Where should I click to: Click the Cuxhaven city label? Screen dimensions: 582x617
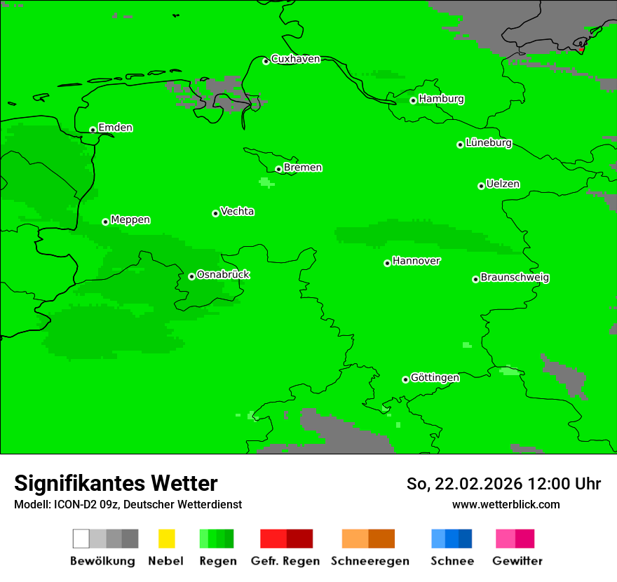click(x=295, y=59)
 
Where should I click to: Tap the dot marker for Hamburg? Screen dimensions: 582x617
click(x=413, y=100)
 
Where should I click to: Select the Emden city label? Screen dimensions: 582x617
click(x=115, y=128)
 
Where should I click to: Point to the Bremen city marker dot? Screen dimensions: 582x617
click(x=278, y=169)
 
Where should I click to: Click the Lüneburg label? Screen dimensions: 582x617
click(x=488, y=142)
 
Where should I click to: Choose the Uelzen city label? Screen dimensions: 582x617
click(x=503, y=184)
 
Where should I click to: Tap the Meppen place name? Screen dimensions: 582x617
click(x=130, y=219)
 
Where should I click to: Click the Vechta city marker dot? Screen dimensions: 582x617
click(x=215, y=213)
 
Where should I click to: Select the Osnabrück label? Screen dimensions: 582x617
click(x=223, y=274)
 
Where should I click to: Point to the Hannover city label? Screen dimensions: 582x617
click(x=416, y=261)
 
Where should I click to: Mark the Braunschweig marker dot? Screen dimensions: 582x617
click(x=475, y=279)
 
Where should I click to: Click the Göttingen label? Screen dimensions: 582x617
click(x=435, y=377)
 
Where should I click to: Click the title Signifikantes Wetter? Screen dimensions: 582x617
click(x=116, y=483)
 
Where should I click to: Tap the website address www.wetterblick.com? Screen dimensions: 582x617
click(x=506, y=504)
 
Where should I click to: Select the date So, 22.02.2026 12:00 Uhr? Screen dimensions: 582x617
click(x=503, y=484)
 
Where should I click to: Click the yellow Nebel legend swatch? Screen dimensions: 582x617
click(x=166, y=539)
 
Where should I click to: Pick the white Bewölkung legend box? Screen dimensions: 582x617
click(x=81, y=539)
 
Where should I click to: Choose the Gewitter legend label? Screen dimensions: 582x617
click(x=517, y=561)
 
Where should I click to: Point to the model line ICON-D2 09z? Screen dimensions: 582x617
click(x=128, y=504)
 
